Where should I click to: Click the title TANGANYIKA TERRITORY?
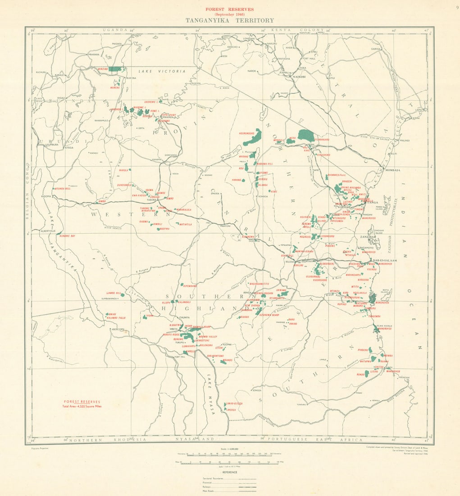pyautogui.click(x=229, y=20)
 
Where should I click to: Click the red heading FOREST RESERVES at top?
pyautogui.click(x=230, y=9)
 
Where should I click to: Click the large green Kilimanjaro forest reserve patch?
pyautogui.click(x=306, y=134)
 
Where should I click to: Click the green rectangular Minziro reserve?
pyautogui.click(x=116, y=69)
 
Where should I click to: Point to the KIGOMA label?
pyautogui.click(x=46, y=197)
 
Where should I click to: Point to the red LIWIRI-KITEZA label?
pyautogui.click(x=234, y=404)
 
